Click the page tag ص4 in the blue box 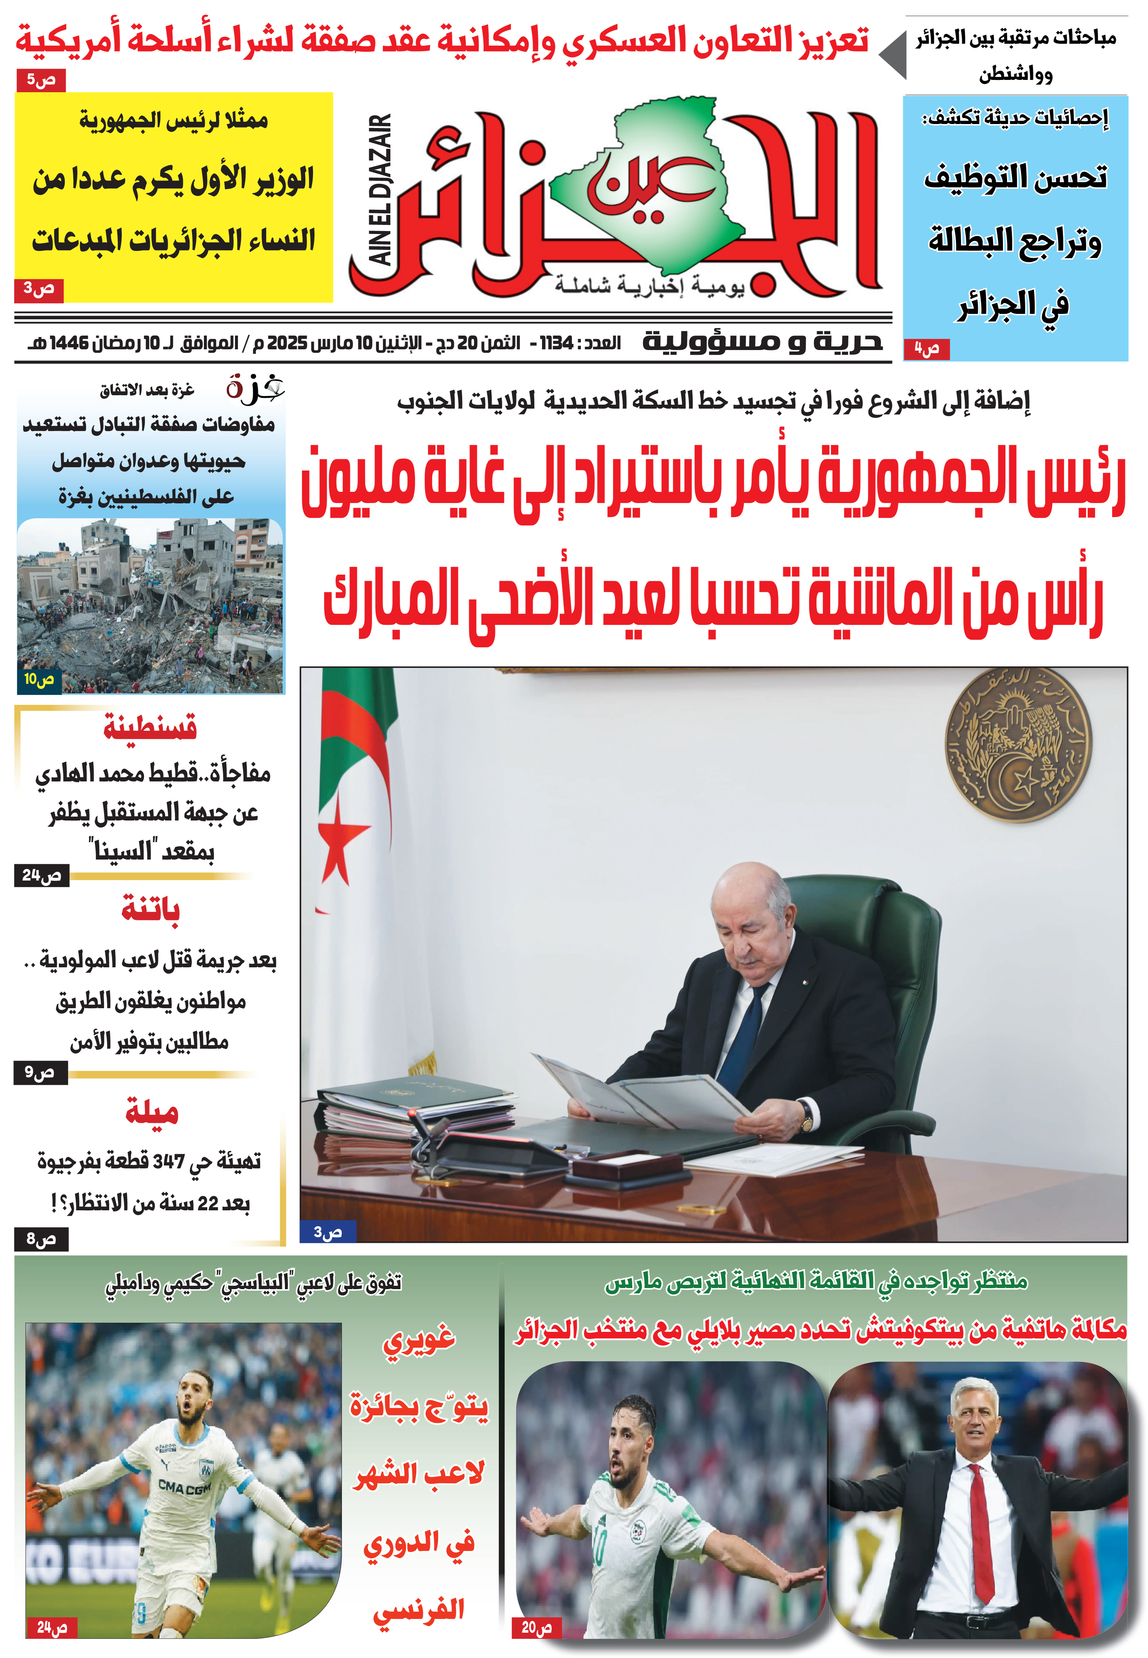926,350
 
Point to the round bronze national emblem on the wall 1018,745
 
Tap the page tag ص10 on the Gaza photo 39,679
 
